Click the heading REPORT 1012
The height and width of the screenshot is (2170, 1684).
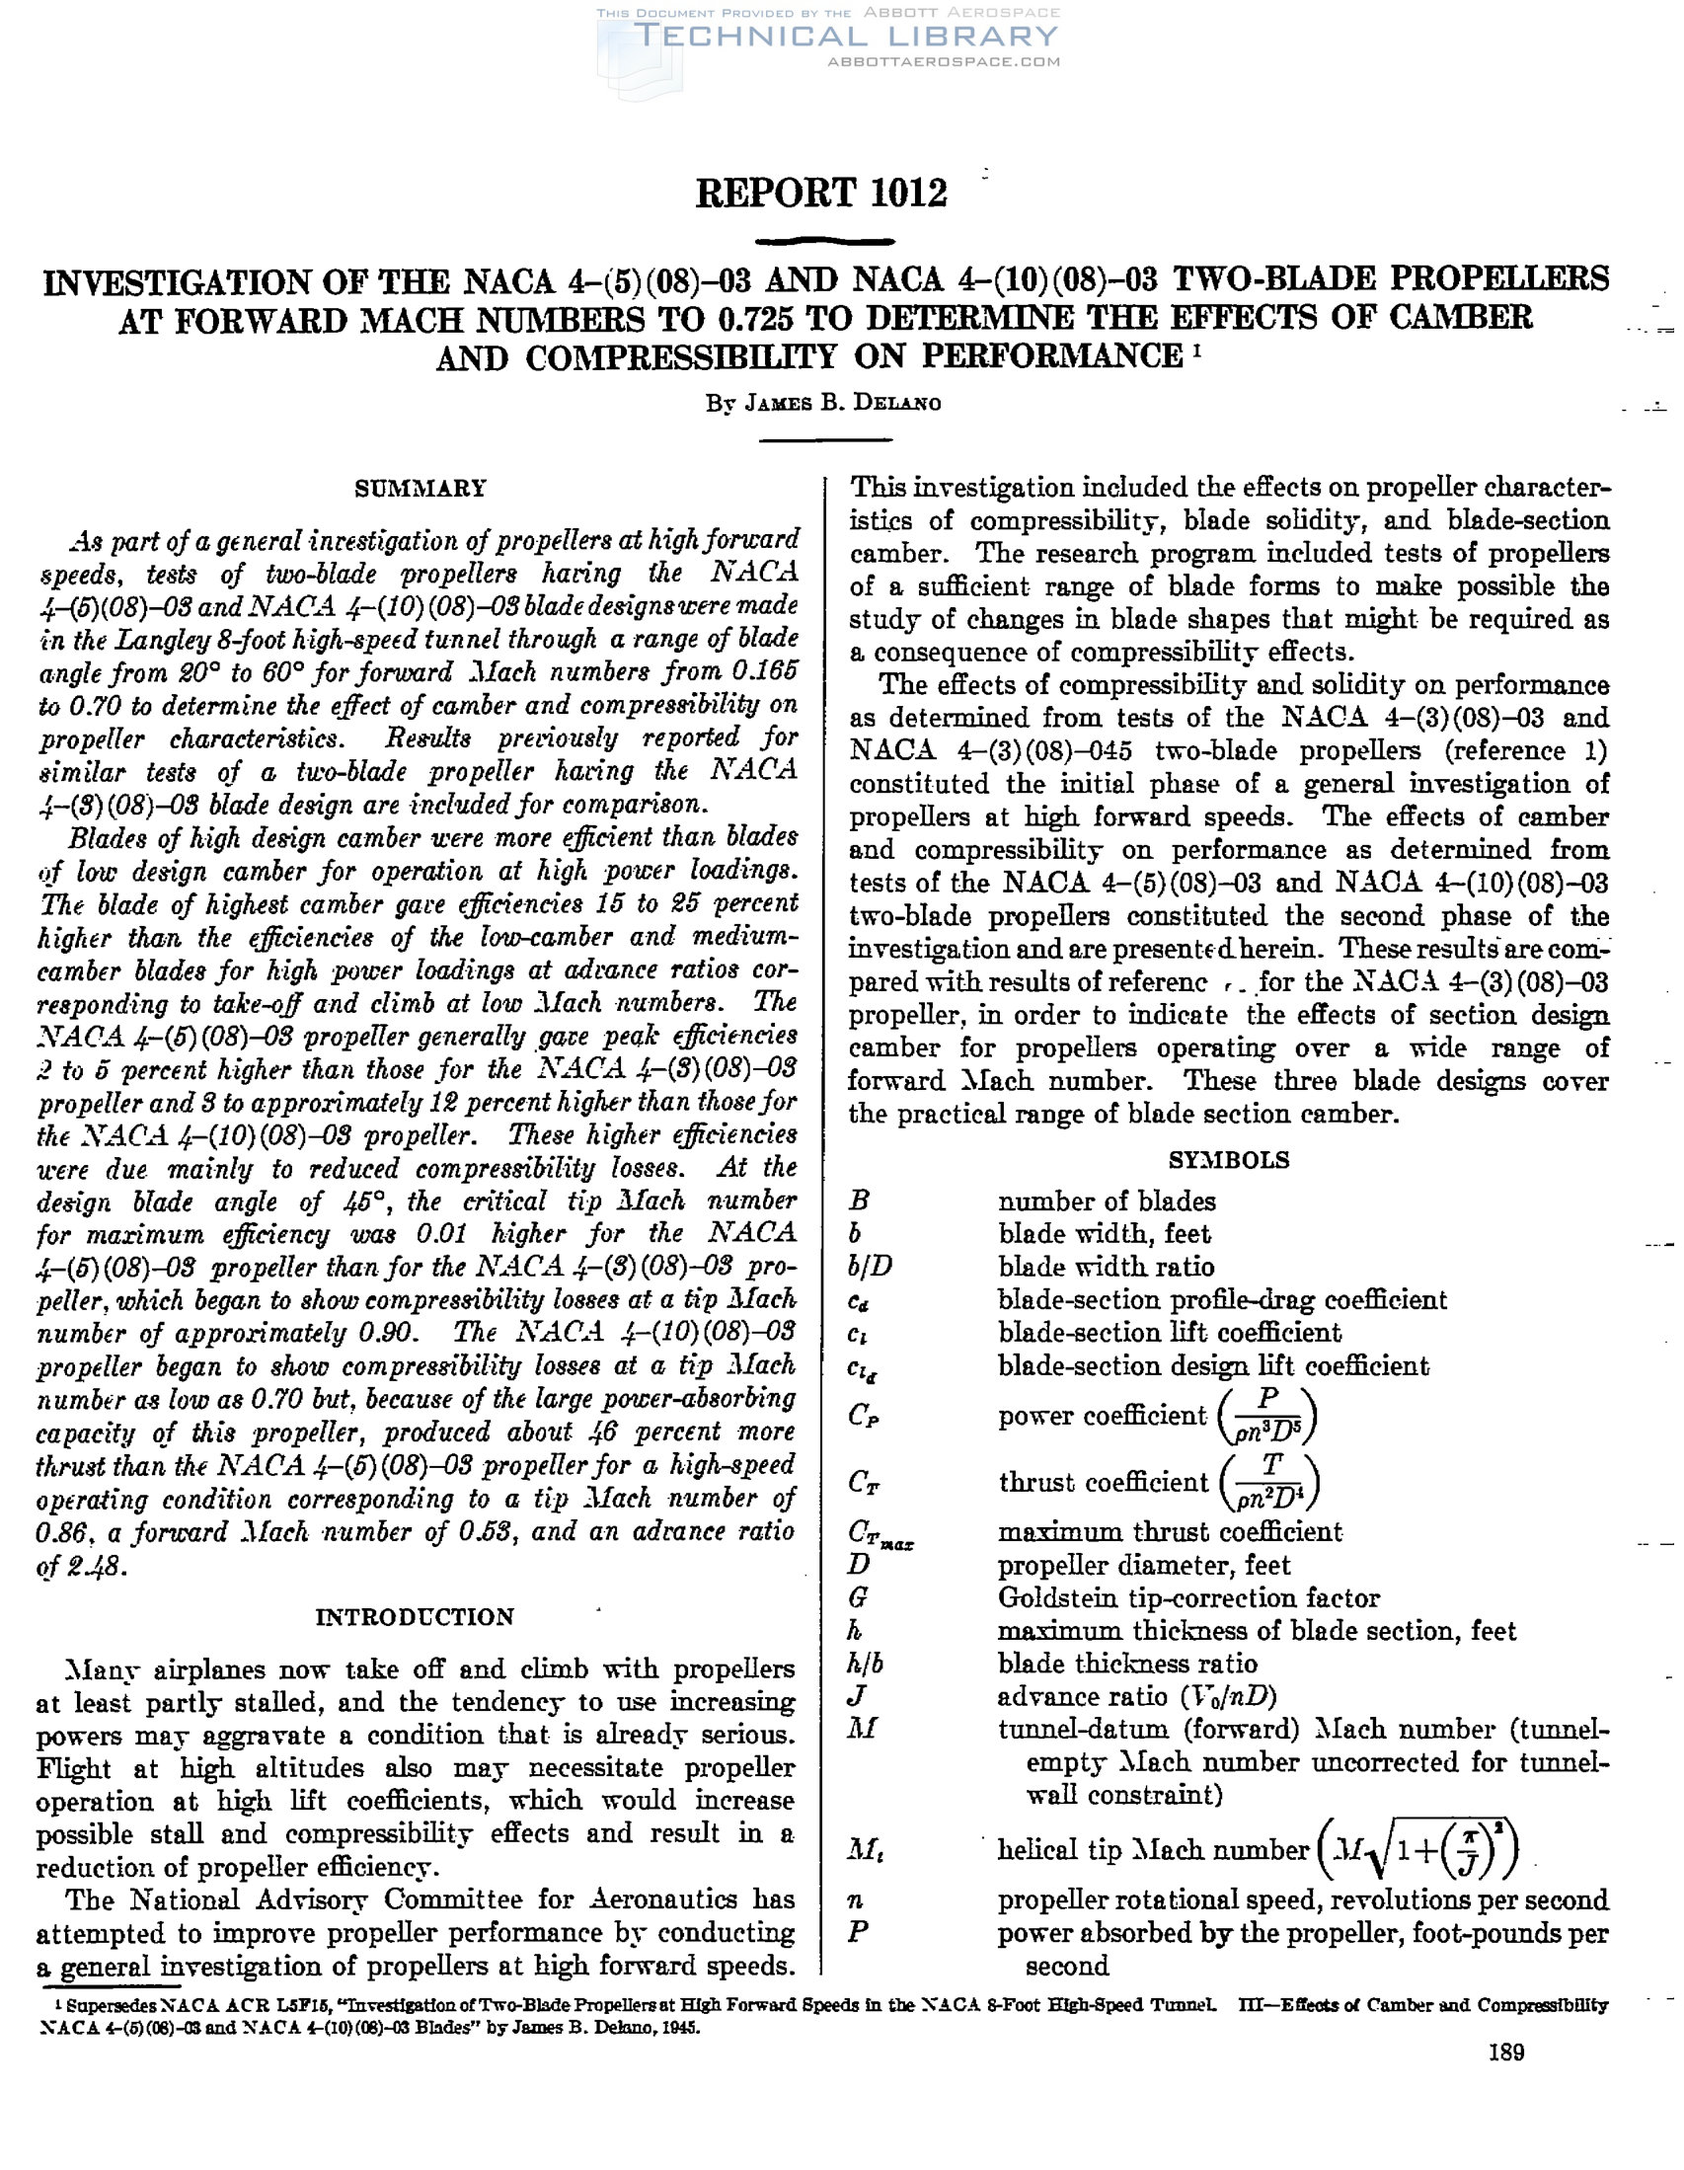820,193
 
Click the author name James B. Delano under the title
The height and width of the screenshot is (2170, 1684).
821,404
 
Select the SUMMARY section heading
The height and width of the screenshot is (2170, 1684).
421,489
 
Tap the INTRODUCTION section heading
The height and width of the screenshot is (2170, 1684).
416,1617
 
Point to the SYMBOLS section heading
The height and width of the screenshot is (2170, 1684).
1229,1160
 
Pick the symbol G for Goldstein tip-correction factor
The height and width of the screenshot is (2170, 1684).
860,1598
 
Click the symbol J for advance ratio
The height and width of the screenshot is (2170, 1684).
859,1697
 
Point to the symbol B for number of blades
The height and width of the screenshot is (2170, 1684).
860,1201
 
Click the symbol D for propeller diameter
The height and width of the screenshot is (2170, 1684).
860,1565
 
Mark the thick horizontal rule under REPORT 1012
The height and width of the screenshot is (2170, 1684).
823,241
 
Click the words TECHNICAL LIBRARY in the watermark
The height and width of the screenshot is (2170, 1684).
847,37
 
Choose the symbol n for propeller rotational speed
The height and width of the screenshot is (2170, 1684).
857,1901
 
